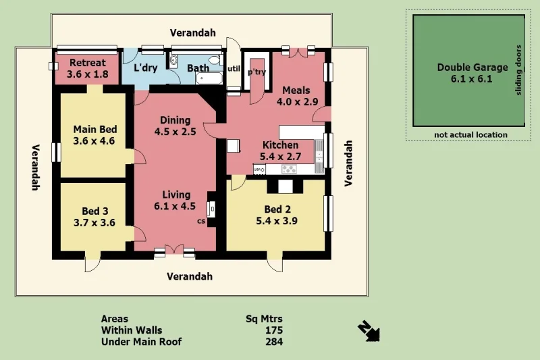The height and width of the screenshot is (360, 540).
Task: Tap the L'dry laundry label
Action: [x=146, y=68]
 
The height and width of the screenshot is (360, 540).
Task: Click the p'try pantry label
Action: [x=256, y=72]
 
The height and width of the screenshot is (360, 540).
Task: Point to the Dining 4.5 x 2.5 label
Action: [x=175, y=126]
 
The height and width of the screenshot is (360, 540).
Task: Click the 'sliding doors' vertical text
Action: [x=518, y=70]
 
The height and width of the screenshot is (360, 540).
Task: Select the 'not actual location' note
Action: [x=470, y=135]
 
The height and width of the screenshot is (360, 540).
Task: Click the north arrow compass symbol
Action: [x=369, y=330]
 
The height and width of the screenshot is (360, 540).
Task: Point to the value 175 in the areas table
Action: [x=273, y=330]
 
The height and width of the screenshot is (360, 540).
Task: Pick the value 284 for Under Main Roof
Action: [x=273, y=342]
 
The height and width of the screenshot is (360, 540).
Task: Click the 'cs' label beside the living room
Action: [x=200, y=221]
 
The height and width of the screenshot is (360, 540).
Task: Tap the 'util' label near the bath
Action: [x=234, y=69]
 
